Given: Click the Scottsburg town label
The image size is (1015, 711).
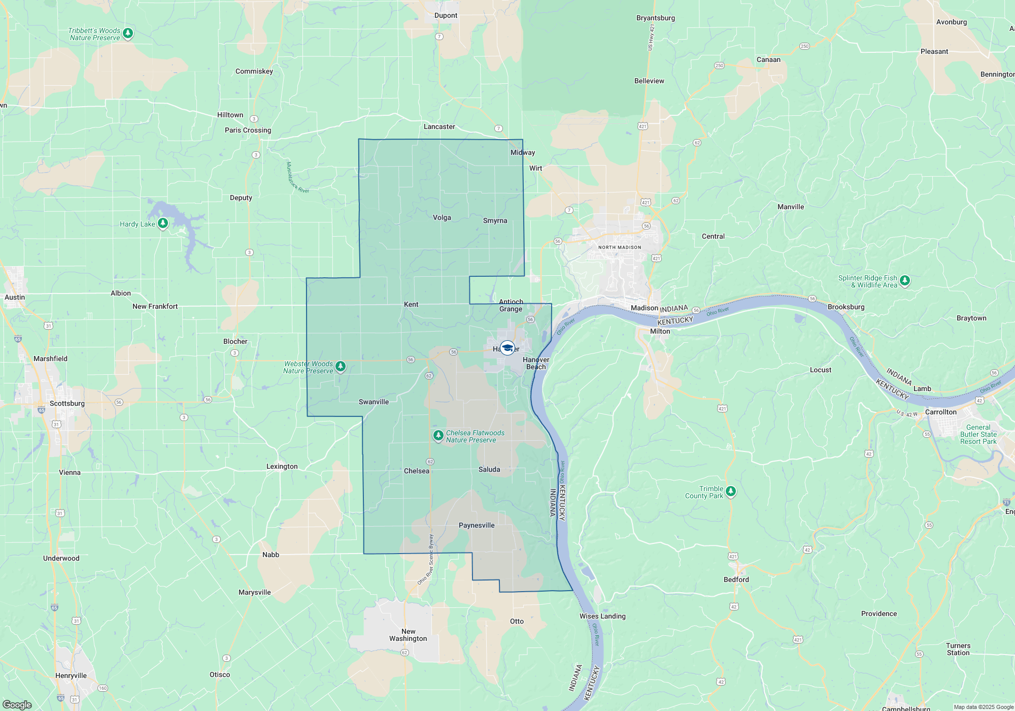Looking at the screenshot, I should coord(67,403).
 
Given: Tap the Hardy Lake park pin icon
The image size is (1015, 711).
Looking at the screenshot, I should coord(163,223).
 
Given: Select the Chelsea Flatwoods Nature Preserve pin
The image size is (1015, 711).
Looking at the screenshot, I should coord(438,436).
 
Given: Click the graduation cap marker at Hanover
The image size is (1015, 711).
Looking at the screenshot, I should coord(507,348).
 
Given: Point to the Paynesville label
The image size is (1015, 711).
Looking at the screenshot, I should coord(477,525).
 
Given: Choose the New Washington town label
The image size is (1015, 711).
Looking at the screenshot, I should coord(408,635).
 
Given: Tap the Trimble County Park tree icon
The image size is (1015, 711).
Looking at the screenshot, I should coord(730,491).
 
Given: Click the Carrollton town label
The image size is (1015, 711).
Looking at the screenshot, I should coord(940,412).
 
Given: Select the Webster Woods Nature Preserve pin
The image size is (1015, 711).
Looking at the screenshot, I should coord(341,366).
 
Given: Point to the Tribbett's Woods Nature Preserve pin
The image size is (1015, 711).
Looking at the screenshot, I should coord(128,34).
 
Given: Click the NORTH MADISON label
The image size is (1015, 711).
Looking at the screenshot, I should coord(620,247).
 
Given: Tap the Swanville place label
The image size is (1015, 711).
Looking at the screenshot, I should coord(374,402).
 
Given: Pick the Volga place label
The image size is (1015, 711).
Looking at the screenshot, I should coord(442,217).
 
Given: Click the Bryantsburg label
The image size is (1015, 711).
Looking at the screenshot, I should coord(656,18).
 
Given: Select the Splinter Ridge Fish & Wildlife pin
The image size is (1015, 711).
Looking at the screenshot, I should coord(904,280).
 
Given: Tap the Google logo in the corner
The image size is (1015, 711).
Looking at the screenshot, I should coord(17,704).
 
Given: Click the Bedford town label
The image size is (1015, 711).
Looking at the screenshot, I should coord(736,579).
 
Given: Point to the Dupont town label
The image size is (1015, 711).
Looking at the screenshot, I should coord(446,15).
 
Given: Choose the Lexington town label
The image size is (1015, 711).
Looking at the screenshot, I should coord(282,466).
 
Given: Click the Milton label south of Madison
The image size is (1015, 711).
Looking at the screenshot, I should coord(660,331).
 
